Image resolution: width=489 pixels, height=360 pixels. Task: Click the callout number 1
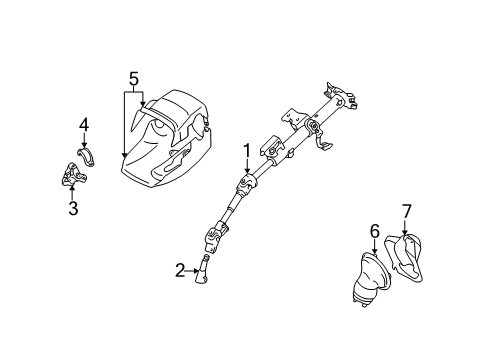pos(245,152)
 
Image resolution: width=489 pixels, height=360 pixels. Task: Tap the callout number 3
pos(73,208)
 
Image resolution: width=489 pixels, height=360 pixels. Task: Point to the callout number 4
pos(84,125)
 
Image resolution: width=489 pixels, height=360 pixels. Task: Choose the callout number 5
pos(133,77)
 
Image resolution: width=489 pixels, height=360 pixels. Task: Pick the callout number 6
pos(374,232)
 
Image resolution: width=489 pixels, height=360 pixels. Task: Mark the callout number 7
pos(406,212)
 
